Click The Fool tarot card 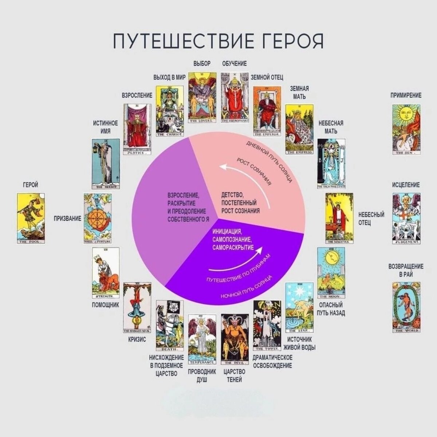(x=31, y=218)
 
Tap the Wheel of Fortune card (x=97, y=218)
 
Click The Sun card (x=406, y=130)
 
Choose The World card (x=406, y=307)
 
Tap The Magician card (x=339, y=218)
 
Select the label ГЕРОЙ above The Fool (x=31, y=185)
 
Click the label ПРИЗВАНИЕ (x=67, y=219)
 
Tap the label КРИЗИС (x=137, y=339)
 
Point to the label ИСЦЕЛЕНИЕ (x=406, y=185)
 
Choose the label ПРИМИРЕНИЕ (x=406, y=95)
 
